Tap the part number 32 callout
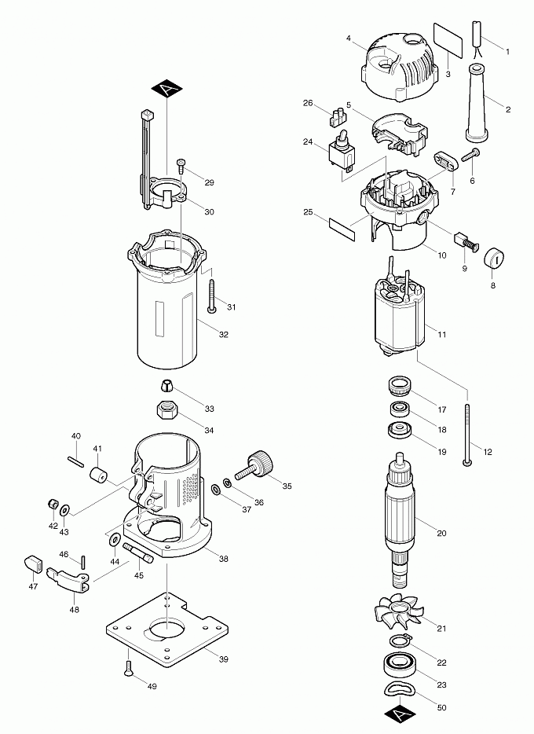(x=224, y=335)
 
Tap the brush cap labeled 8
(x=495, y=259)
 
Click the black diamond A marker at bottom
(x=399, y=714)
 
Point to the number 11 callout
(x=441, y=335)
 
